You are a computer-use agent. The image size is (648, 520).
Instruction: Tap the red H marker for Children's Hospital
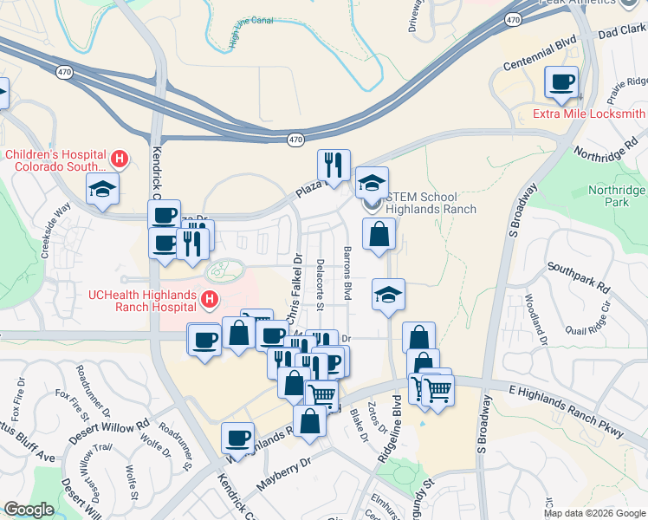120,159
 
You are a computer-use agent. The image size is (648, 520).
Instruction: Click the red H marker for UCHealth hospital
209,300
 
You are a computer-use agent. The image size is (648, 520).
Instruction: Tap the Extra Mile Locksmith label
588,114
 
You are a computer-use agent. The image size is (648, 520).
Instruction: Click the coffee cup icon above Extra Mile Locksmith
561,82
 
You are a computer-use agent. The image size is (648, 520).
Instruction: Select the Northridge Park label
616,196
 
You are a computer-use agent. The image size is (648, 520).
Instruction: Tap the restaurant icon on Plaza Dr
334,164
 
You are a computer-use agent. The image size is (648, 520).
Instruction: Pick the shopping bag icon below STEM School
379,234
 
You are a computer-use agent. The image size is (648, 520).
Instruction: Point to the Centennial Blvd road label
540,54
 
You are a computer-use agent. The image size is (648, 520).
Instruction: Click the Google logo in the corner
29,510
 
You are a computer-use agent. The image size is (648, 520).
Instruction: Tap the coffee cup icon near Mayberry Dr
237,438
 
